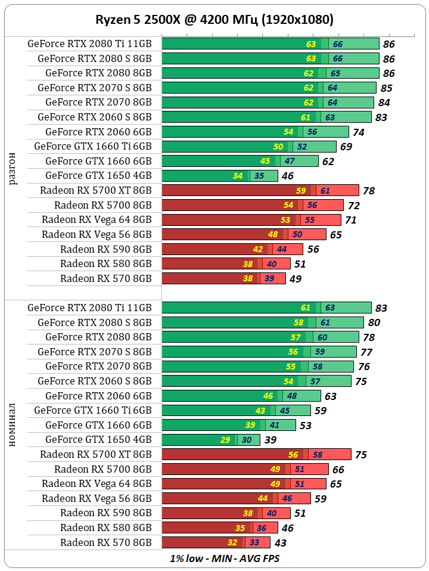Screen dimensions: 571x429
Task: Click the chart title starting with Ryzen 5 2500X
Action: click(214, 20)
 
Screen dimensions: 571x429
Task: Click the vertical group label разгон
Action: click(13, 169)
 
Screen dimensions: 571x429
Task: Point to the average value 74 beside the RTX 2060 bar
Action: click(359, 132)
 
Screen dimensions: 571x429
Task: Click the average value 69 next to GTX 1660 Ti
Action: click(346, 147)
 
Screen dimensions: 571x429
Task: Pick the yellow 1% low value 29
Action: click(225, 440)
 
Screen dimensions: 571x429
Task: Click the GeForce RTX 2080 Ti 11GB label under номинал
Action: click(89, 308)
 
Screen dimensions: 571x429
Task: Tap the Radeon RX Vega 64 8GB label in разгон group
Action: click(97, 219)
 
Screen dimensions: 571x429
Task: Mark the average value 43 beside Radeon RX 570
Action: click(280, 543)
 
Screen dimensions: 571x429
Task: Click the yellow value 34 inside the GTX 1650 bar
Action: click(238, 176)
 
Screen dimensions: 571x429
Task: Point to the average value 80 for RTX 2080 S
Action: click(374, 323)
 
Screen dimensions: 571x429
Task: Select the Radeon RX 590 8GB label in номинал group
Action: click(105, 513)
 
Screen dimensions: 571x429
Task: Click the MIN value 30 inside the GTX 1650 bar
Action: click(245, 440)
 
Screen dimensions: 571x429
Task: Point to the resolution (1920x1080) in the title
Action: click(298, 20)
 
